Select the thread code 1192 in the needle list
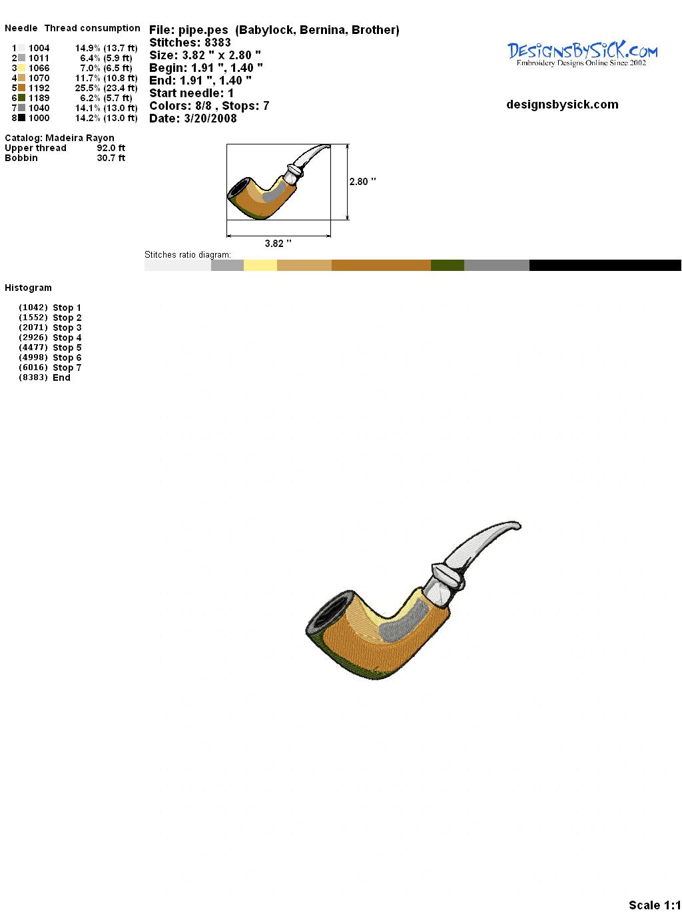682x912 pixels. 39,88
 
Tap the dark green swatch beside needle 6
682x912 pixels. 22,98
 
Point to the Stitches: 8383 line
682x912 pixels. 190,43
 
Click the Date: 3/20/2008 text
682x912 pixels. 193,118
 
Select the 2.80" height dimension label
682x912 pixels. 362,182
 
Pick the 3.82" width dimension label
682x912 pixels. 278,244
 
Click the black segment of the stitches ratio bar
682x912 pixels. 605,265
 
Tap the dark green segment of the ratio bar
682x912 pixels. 447,265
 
